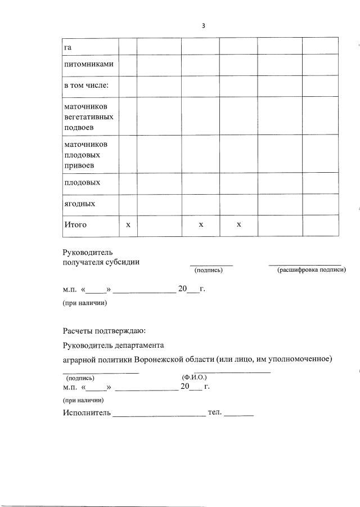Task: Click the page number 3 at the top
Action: [x=203, y=26]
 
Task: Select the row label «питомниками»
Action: [x=88, y=64]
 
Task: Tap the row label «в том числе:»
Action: [x=85, y=86]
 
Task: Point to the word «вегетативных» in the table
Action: [x=88, y=117]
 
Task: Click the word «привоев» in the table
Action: [x=78, y=165]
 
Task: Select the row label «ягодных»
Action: [x=79, y=204]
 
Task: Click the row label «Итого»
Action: [x=75, y=225]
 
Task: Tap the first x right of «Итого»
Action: [x=128, y=225]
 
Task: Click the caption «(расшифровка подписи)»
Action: [x=311, y=271]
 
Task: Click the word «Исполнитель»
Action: [x=86, y=414]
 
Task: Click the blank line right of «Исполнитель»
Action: [x=159, y=416]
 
